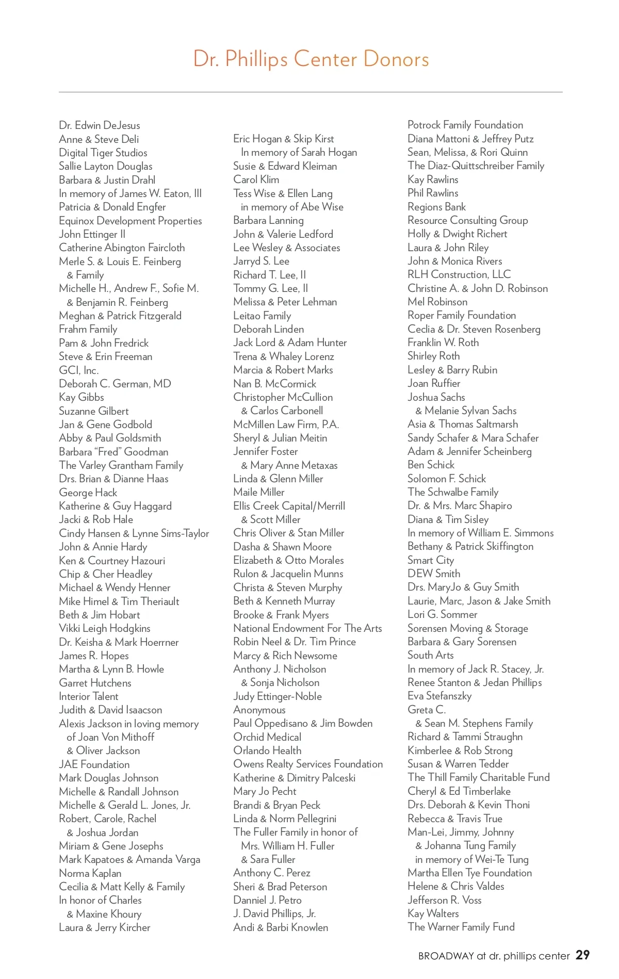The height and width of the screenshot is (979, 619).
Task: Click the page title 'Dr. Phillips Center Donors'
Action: point(311,59)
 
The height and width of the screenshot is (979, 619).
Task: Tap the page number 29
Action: point(582,955)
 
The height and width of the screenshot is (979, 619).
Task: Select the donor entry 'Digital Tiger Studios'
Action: point(103,153)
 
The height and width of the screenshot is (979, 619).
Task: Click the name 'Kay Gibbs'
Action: point(82,397)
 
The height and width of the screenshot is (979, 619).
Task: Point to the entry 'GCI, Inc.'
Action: point(79,370)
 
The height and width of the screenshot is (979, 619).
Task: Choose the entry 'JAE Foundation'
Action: point(94,764)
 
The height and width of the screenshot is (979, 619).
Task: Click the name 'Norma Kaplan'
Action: point(90,873)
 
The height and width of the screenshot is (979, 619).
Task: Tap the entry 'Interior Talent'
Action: point(89,696)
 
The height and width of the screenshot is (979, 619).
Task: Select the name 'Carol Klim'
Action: point(256,180)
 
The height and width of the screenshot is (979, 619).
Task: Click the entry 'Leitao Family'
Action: point(262,316)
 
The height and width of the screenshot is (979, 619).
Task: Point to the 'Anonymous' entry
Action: point(259,710)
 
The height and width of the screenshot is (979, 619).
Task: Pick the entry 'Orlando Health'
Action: point(267,750)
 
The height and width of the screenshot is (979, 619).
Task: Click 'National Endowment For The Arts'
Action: point(307,628)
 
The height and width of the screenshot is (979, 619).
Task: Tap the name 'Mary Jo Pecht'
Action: point(265,791)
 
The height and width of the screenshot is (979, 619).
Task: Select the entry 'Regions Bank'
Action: point(436,207)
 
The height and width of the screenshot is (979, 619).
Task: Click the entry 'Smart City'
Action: point(431,560)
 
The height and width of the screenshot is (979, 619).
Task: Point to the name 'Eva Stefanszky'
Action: point(439,696)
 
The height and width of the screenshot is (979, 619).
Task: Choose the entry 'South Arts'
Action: point(431,655)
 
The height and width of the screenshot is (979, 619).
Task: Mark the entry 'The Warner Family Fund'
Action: point(461,927)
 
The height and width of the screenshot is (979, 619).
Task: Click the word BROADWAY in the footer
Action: point(446,956)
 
